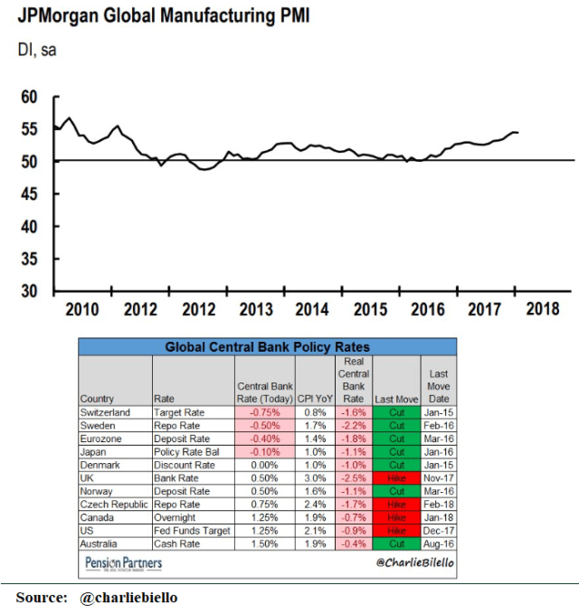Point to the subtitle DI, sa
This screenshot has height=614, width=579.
(36, 51)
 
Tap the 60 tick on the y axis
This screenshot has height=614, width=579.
(29, 97)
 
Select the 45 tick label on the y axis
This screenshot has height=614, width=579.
(29, 194)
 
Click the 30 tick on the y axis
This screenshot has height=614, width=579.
(29, 291)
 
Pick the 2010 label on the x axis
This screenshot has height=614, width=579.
(81, 309)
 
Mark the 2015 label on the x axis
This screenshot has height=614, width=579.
(370, 309)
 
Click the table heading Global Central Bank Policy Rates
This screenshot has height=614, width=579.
(267, 346)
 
